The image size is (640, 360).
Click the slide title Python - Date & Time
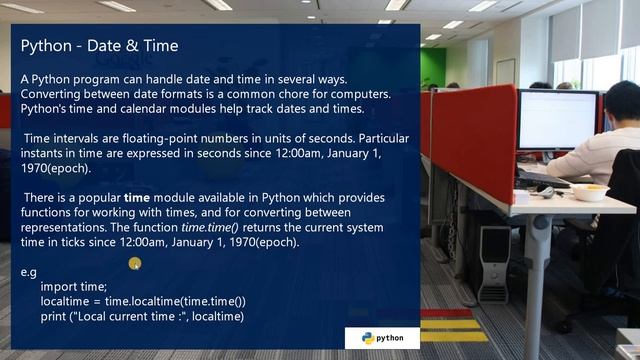pos(99,47)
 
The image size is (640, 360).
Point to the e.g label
pos(29,271)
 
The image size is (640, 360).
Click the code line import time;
pos(74,286)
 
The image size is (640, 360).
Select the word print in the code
pos(55,316)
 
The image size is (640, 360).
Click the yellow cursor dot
pos(135,264)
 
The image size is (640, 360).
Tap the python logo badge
pos(382,338)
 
